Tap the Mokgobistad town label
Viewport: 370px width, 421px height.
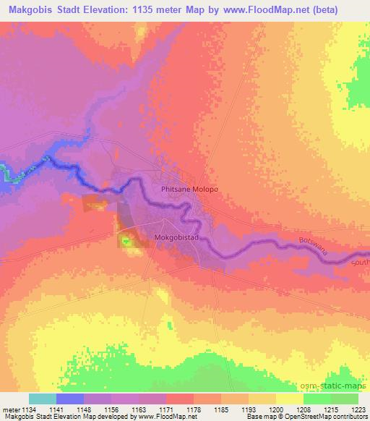177,237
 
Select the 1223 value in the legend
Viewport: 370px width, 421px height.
358,409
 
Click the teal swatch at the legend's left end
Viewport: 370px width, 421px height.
42,399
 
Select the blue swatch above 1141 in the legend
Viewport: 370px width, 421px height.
69,399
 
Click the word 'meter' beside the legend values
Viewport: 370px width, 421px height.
9,409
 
